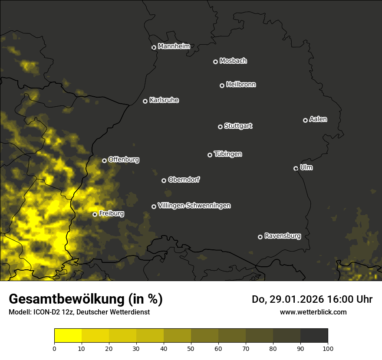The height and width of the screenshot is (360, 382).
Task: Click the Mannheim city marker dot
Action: coord(154,48)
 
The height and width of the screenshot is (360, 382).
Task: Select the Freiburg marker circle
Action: coord(95,214)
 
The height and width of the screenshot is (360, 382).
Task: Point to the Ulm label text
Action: coord(306,167)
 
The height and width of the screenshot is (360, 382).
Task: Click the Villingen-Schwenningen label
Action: coord(194,206)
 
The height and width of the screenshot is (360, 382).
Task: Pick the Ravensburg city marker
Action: coord(260,237)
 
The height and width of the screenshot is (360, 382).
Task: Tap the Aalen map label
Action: coord(318,119)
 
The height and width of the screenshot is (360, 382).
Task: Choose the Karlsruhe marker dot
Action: coord(145,101)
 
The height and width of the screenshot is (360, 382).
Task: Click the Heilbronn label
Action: coord(241,85)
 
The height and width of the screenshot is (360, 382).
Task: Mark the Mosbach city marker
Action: coord(215,62)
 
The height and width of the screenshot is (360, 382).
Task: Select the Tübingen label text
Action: coord(228,154)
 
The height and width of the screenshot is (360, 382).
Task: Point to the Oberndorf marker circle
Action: coord(164,180)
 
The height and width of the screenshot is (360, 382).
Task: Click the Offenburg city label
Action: coord(124,160)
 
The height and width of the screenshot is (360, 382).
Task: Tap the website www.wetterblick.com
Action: coord(313,312)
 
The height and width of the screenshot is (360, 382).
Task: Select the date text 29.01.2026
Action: coord(295,299)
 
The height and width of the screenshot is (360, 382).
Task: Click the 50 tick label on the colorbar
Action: coord(191,348)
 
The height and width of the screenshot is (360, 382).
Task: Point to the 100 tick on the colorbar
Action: coord(328,348)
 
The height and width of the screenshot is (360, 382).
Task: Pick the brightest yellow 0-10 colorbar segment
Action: coord(68,335)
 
